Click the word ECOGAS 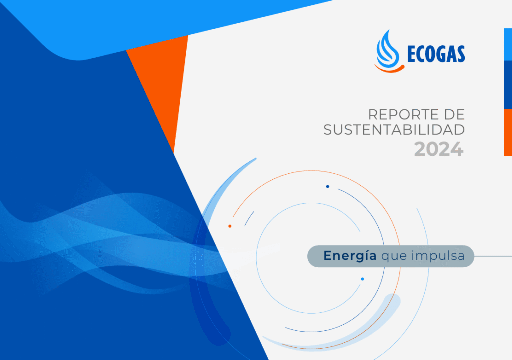[436, 54]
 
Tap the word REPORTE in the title [404, 115]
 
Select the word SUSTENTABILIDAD [394, 130]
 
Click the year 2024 [439, 149]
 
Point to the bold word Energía [350, 256]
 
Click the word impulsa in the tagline [438, 256]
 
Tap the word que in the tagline [394, 257]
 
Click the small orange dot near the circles [230, 226]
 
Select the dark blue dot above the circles [328, 187]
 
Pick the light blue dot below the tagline [363, 279]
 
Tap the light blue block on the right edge [508, 45]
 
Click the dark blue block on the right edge [508, 85]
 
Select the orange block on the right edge [508, 132]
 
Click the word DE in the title [454, 115]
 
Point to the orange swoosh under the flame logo [389, 69]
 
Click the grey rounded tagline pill [391, 256]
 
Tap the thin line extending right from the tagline [493, 256]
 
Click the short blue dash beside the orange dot [249, 218]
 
